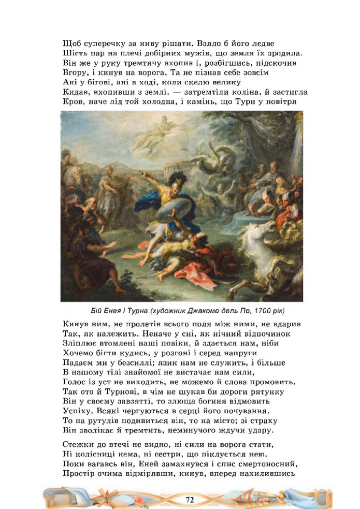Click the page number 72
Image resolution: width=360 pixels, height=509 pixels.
tap(190, 499)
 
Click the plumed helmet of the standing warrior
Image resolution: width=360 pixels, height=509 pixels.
tap(174, 178)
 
